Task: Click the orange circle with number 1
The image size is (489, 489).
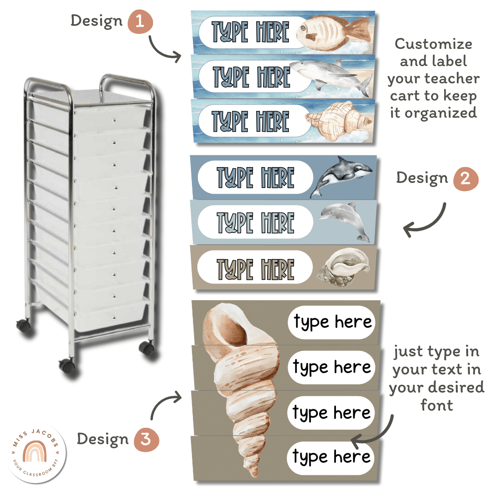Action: [140, 22]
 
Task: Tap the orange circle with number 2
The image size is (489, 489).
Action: [465, 178]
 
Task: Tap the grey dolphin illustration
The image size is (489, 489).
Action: [345, 220]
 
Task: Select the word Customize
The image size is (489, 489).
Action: [433, 44]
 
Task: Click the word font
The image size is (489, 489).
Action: [436, 405]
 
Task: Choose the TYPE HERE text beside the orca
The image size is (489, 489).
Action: [255, 177]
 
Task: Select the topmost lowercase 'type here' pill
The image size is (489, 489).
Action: [332, 322]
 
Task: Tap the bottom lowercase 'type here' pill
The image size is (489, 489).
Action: [332, 457]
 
